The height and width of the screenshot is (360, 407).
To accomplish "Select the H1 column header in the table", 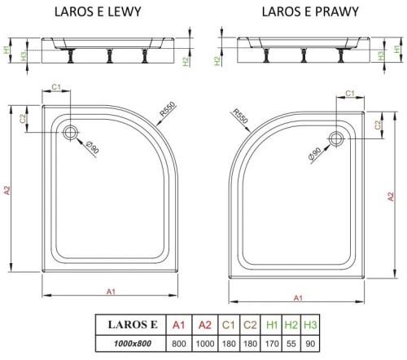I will click(274, 327).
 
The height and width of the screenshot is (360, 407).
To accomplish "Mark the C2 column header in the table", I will click(251, 327).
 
